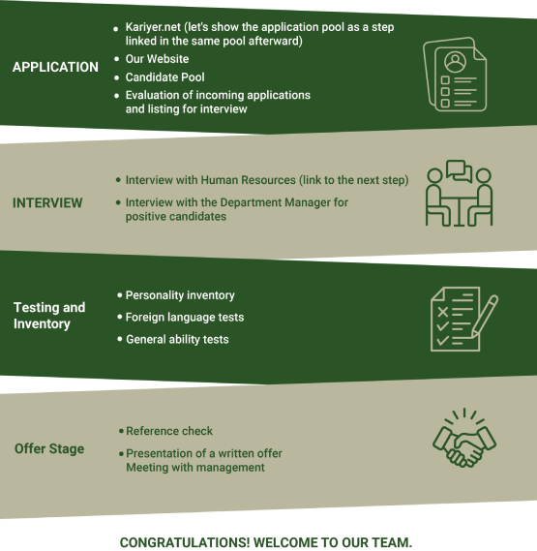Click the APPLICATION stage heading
pos(55,67)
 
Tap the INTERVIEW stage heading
pos(47,202)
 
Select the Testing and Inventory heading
pos(49,316)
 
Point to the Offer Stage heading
pos(49,448)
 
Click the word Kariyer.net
pos(153,27)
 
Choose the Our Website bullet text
pos(157,59)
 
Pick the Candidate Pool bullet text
pos(165,77)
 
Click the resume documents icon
pos(455,75)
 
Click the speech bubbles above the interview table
pos(459,171)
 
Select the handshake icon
pos(464,438)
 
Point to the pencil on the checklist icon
pos(485,316)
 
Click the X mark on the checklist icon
pos(443,312)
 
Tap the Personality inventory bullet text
pos(180,295)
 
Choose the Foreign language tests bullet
pos(185,318)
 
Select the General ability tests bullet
pos(177,340)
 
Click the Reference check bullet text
pos(169,431)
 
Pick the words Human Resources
pos(249,180)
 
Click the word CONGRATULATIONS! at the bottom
pos(185,542)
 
